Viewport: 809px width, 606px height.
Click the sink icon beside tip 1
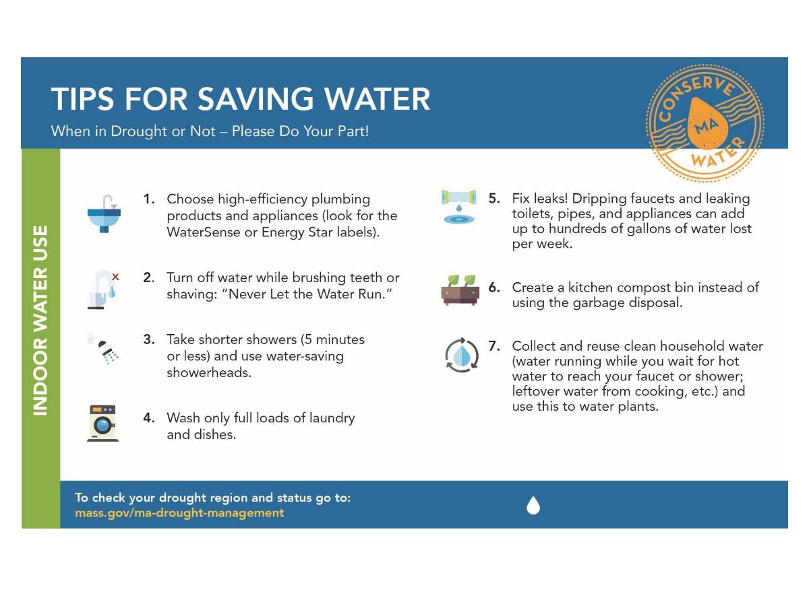click(104, 213)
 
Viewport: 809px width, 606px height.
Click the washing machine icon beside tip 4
click(102, 424)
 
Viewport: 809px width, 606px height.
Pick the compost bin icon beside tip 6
click(460, 290)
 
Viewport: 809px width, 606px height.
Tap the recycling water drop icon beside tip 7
click(461, 356)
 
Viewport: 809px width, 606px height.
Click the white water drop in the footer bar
click(533, 505)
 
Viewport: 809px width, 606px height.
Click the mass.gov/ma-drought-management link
click(179, 513)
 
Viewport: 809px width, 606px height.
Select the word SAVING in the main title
click(250, 99)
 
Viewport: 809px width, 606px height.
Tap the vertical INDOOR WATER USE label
click(40, 319)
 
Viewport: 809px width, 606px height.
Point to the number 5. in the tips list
click(494, 199)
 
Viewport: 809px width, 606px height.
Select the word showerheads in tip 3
click(209, 372)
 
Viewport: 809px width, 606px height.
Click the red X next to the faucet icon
click(115, 276)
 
